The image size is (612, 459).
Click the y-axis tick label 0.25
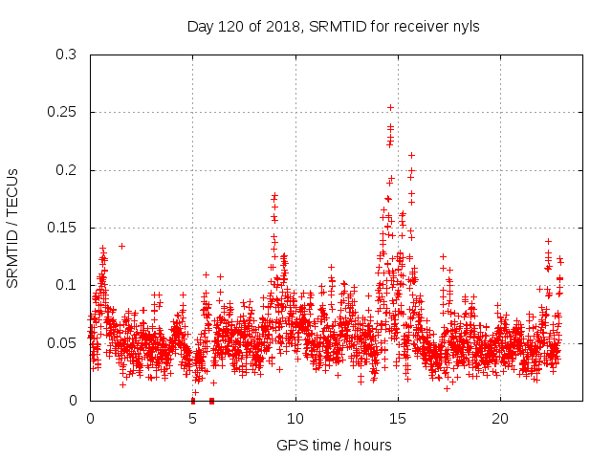[63, 113]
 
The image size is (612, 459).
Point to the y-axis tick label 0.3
[67, 55]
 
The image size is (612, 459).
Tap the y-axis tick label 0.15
[63, 228]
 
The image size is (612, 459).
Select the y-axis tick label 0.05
[63, 342]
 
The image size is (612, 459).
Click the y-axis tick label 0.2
[67, 170]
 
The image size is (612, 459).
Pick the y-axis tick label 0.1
[67, 285]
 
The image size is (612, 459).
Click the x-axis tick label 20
[500, 419]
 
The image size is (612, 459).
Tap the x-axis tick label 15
[398, 419]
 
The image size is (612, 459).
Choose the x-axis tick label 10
[295, 419]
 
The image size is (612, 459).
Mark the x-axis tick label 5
[193, 419]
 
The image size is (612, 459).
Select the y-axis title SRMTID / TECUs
[13, 228]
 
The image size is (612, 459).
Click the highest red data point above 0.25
[390, 107]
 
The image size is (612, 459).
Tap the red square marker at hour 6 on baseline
[211, 400]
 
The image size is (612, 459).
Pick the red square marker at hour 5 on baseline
[193, 400]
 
